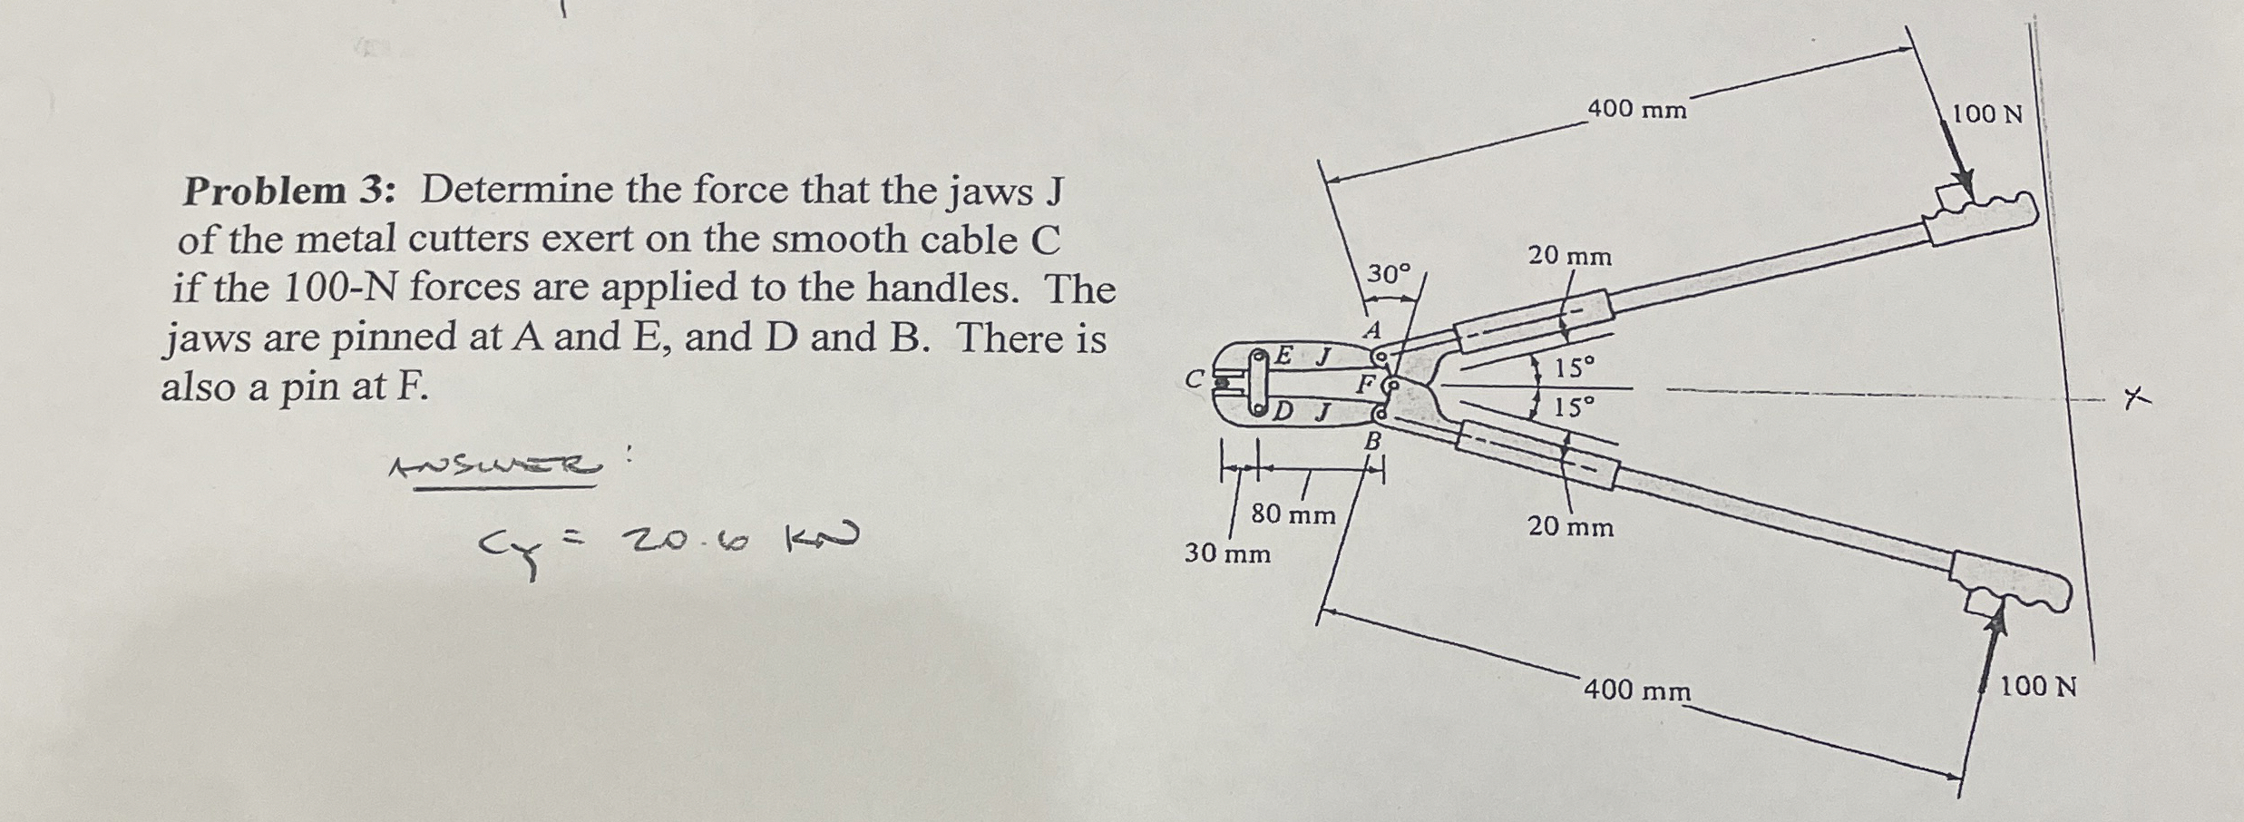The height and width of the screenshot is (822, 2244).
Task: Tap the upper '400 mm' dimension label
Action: coord(1637,110)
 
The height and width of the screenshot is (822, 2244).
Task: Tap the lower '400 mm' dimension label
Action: coord(1637,690)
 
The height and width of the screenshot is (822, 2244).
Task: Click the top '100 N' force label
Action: coord(1987,114)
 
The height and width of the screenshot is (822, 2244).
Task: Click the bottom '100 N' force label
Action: coord(2038,686)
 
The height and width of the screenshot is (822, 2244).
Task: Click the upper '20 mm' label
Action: coord(1570,257)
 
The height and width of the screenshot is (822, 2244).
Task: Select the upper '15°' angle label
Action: coord(1574,368)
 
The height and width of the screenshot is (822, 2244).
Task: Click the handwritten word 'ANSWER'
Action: coord(495,467)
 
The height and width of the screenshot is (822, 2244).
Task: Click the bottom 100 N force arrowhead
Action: coord(1996,626)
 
